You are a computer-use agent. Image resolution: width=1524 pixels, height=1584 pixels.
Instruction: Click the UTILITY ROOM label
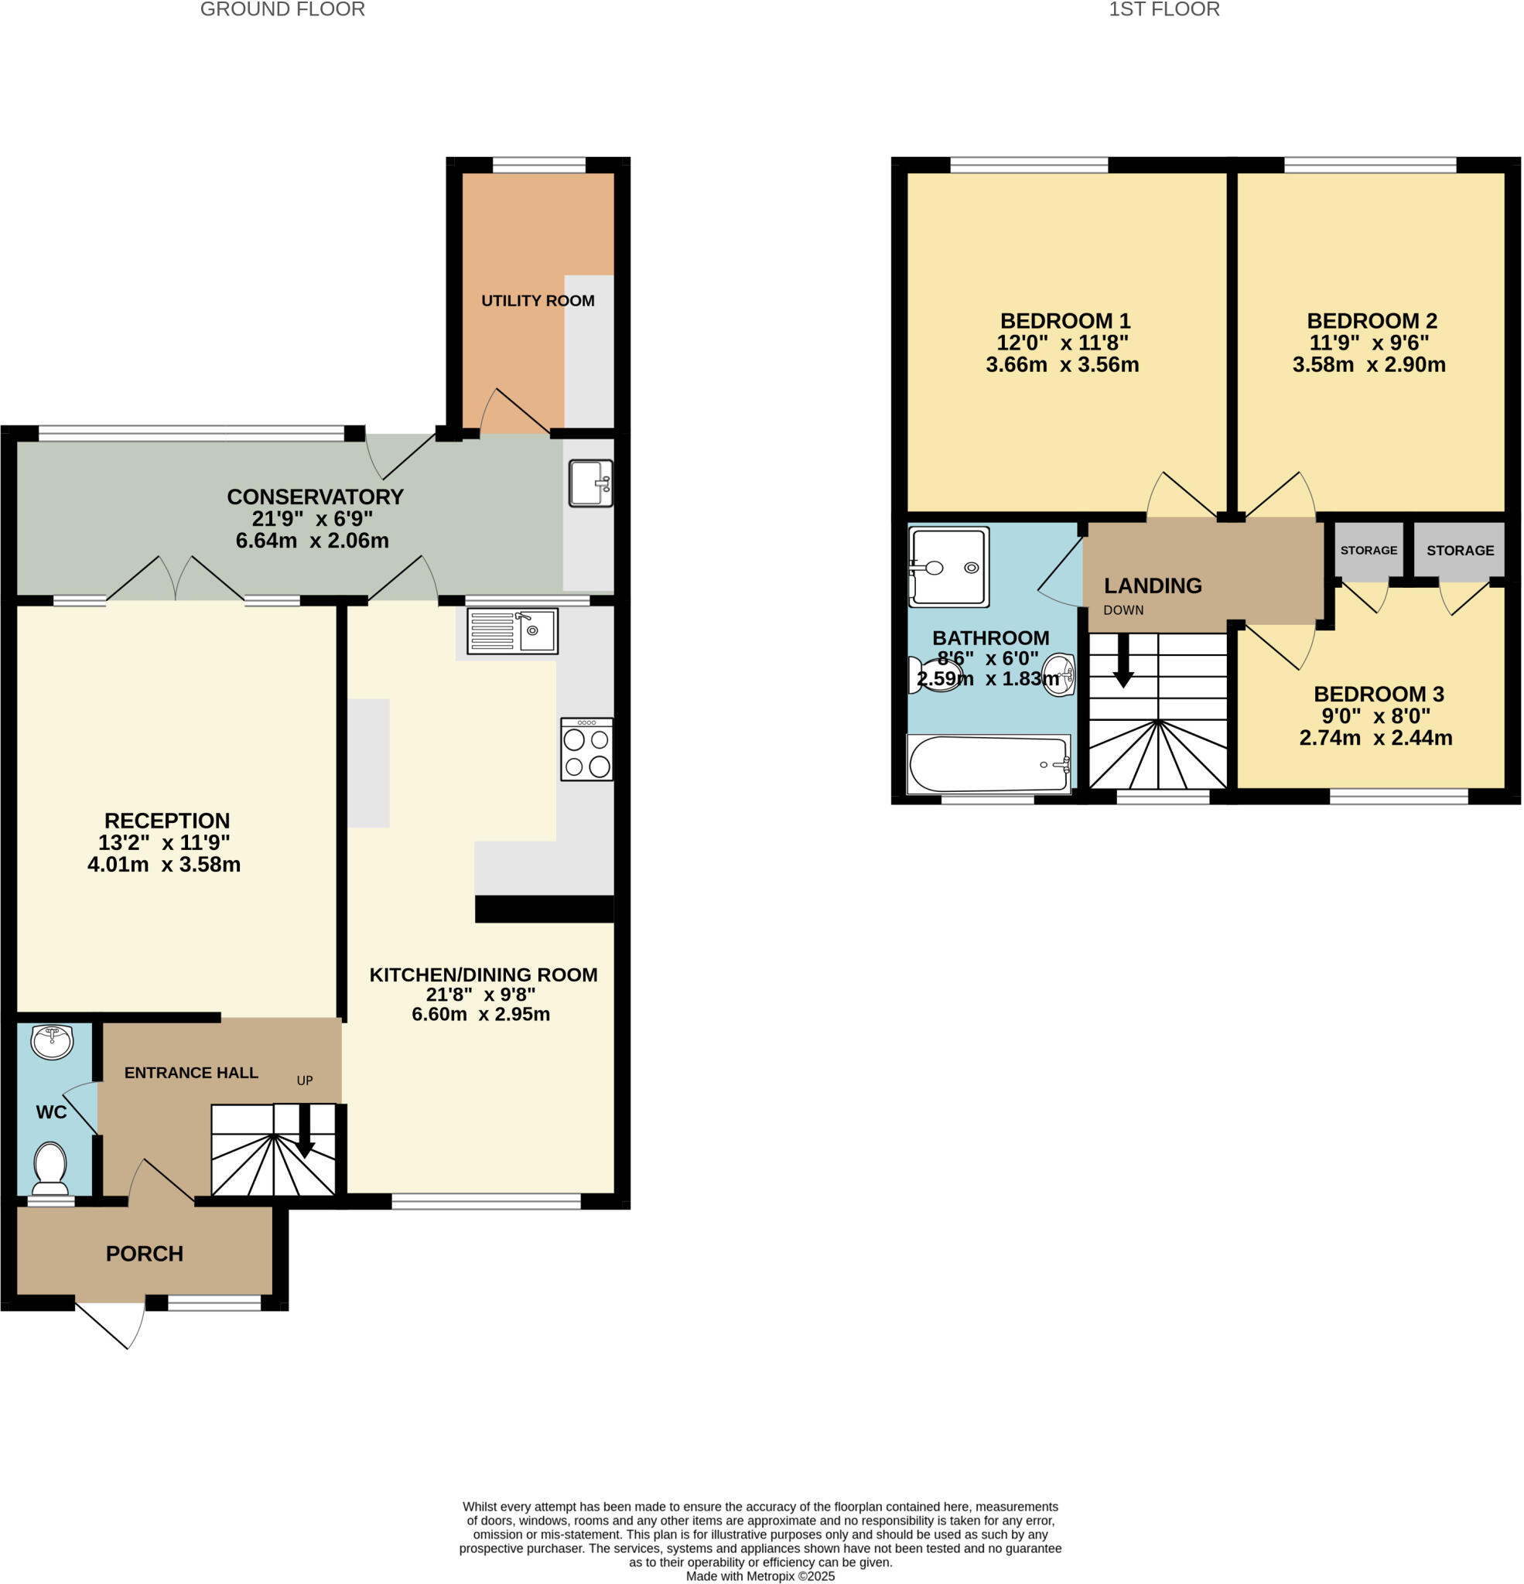click(538, 301)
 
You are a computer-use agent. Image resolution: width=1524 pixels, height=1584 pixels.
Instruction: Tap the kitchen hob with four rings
click(586, 749)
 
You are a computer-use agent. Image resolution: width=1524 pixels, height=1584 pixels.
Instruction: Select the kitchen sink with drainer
click(513, 630)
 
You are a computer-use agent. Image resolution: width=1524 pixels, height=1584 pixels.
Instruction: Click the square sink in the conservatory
click(590, 483)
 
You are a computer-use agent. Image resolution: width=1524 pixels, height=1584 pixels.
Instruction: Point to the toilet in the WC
click(50, 1169)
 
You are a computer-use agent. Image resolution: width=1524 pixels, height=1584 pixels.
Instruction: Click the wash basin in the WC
click(51, 1041)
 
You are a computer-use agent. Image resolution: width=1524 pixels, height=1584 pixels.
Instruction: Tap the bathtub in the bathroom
click(988, 763)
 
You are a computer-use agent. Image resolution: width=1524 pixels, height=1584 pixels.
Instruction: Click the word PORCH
click(145, 1254)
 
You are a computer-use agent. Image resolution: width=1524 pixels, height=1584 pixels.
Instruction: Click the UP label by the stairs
click(305, 1080)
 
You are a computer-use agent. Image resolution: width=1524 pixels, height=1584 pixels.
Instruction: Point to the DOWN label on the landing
click(1123, 610)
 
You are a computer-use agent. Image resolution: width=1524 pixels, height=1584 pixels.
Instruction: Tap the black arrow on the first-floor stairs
click(1123, 661)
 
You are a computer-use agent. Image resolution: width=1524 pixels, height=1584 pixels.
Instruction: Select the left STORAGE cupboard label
click(1368, 551)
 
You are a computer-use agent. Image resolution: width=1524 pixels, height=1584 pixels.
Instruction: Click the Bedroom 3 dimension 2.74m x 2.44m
click(1375, 738)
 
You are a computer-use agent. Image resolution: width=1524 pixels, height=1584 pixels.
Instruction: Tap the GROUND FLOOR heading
click(282, 10)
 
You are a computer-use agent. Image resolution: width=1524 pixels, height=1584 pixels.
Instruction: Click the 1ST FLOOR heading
click(1164, 10)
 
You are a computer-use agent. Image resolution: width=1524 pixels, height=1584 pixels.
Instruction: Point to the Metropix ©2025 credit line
click(760, 1576)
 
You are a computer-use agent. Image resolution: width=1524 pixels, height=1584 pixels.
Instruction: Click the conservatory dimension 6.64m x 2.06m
click(312, 541)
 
